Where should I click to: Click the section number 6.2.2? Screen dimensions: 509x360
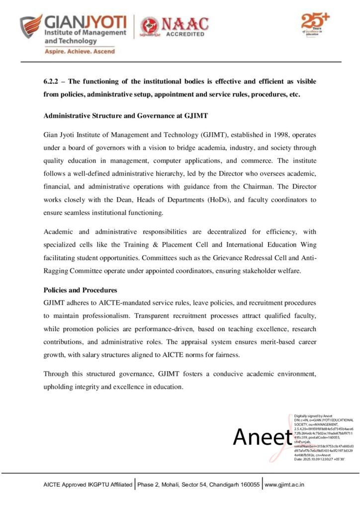point(52,81)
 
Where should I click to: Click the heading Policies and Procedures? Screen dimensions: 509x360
point(80,290)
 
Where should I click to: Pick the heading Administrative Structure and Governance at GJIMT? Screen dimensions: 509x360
point(126,115)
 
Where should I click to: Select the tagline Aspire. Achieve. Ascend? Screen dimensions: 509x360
point(80,51)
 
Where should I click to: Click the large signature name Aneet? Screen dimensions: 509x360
point(262,437)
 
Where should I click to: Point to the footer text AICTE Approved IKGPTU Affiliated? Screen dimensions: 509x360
point(88,484)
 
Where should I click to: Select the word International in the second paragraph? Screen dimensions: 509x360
point(236,244)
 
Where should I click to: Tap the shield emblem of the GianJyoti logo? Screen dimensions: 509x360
point(31,27)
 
